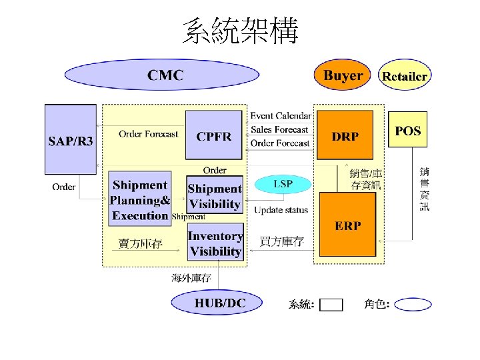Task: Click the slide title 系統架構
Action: pos(240,31)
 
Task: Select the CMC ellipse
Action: pos(165,75)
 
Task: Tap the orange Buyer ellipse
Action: pos(343,75)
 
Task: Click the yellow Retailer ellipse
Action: pos(404,76)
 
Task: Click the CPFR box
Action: pos(214,136)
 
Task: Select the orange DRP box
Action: pos(345,135)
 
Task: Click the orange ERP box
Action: pos(347,225)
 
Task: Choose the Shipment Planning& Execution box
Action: pos(140,199)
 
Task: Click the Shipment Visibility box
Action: pos(215,197)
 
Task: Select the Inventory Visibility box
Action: pos(215,243)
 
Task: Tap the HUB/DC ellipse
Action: pos(220,304)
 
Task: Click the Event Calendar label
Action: pos(281,116)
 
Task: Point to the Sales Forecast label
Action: pos(279,129)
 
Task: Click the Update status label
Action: pos(281,210)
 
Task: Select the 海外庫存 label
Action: pos(191,278)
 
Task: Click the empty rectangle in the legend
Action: pos(331,305)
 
